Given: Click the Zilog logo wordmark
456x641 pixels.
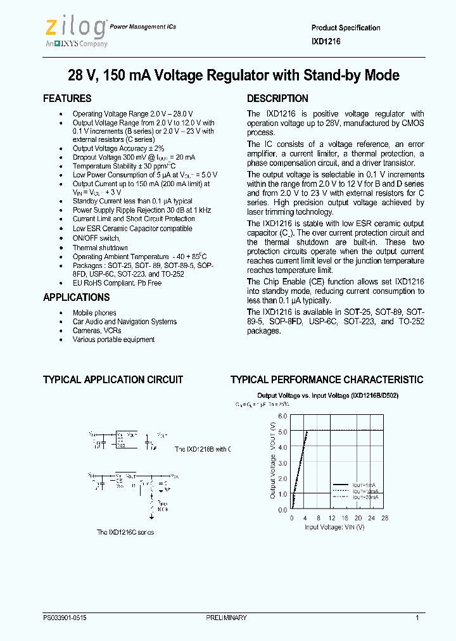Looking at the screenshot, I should tap(75, 27).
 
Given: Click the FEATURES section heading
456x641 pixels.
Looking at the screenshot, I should tap(67, 99).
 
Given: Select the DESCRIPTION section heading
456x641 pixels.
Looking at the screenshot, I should tap(277, 99).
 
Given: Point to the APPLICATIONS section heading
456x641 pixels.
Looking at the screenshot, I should tap(76, 298).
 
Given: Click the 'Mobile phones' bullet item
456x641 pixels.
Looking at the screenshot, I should tap(94, 313).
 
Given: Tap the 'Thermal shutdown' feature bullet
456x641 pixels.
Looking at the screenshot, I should tap(100, 248).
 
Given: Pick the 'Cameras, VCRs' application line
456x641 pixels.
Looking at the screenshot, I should tap(97, 331).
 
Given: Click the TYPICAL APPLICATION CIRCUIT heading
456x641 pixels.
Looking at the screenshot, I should tap(113, 380).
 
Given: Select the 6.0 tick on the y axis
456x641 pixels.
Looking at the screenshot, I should tap(282, 417).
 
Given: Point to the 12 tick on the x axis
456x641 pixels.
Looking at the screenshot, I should tap(331, 518).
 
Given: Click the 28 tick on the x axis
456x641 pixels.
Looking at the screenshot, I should tap(384, 518).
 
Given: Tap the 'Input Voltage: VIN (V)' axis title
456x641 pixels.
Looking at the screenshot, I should tap(334, 527).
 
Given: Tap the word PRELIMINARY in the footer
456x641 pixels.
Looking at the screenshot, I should tap(226, 618).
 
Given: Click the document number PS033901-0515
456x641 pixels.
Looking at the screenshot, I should tap(65, 618).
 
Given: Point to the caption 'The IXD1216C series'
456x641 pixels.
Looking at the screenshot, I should tap(125, 533).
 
